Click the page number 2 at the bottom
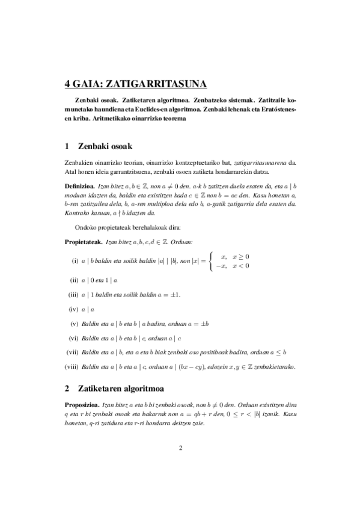[180, 447]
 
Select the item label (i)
[75, 261]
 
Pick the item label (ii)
[75, 280]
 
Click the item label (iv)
[74, 309]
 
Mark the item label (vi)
[74, 338]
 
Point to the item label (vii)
[73, 352]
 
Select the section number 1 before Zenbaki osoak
[67, 146]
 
